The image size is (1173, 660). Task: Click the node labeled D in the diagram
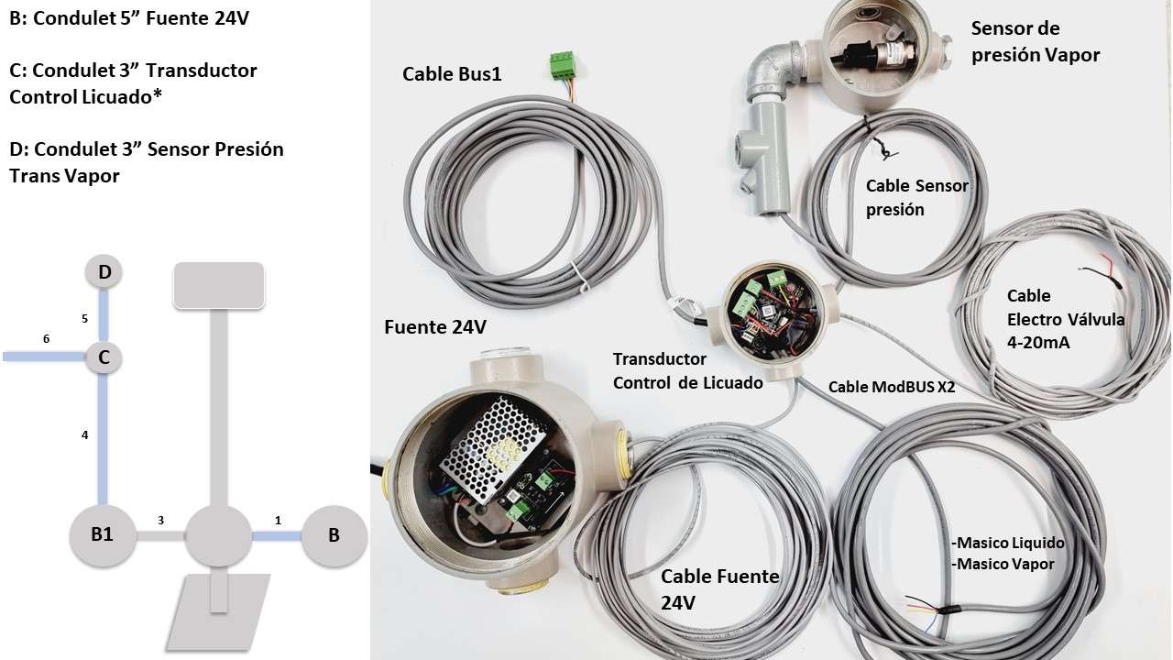[104, 272]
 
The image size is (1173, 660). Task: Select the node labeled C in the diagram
[104, 357]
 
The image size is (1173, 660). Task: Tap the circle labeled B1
[103, 535]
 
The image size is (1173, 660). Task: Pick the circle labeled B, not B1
[334, 535]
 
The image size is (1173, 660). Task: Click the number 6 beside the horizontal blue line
[46, 339]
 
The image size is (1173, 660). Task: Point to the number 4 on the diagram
[84, 434]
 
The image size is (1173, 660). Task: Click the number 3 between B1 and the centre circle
[160, 520]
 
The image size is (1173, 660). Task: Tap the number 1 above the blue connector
[278, 520]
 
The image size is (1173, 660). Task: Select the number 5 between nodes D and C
[84, 318]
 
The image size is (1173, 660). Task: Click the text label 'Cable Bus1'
[452, 74]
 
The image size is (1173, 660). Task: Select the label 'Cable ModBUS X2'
[892, 387]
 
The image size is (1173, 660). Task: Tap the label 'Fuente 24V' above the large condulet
[435, 327]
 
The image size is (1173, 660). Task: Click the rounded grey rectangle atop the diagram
[219, 285]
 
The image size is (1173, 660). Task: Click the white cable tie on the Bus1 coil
[580, 277]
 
